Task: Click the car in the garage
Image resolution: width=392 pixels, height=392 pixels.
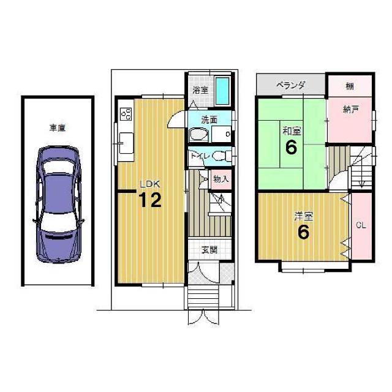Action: click(59, 204)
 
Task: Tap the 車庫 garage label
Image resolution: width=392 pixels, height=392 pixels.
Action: click(58, 128)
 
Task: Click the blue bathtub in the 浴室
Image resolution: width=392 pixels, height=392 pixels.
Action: click(222, 91)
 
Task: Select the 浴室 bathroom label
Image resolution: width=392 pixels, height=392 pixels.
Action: click(200, 90)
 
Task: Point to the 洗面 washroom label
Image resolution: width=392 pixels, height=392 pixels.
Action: click(209, 120)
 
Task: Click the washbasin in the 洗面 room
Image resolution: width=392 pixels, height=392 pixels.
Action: click(198, 135)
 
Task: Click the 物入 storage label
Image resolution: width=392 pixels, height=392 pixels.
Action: click(221, 179)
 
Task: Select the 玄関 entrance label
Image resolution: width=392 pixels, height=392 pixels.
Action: click(209, 250)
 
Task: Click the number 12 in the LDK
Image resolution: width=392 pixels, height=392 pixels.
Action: click(150, 200)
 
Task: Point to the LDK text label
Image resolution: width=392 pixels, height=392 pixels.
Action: click(150, 184)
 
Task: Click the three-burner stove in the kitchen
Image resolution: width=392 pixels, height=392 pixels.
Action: click(126, 114)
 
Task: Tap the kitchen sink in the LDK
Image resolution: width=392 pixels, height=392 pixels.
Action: click(127, 143)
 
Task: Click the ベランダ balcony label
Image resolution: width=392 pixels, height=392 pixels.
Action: click(291, 86)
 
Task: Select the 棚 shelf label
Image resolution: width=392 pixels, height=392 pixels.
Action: click(350, 86)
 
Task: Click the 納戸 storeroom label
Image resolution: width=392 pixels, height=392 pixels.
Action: click(351, 109)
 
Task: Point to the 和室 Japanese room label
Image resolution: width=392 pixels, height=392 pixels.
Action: click(292, 130)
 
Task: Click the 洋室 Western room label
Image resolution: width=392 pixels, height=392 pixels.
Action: click(304, 216)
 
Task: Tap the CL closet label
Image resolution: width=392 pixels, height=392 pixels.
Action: click(361, 225)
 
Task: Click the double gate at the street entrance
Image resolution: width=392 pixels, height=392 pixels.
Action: click(203, 317)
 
